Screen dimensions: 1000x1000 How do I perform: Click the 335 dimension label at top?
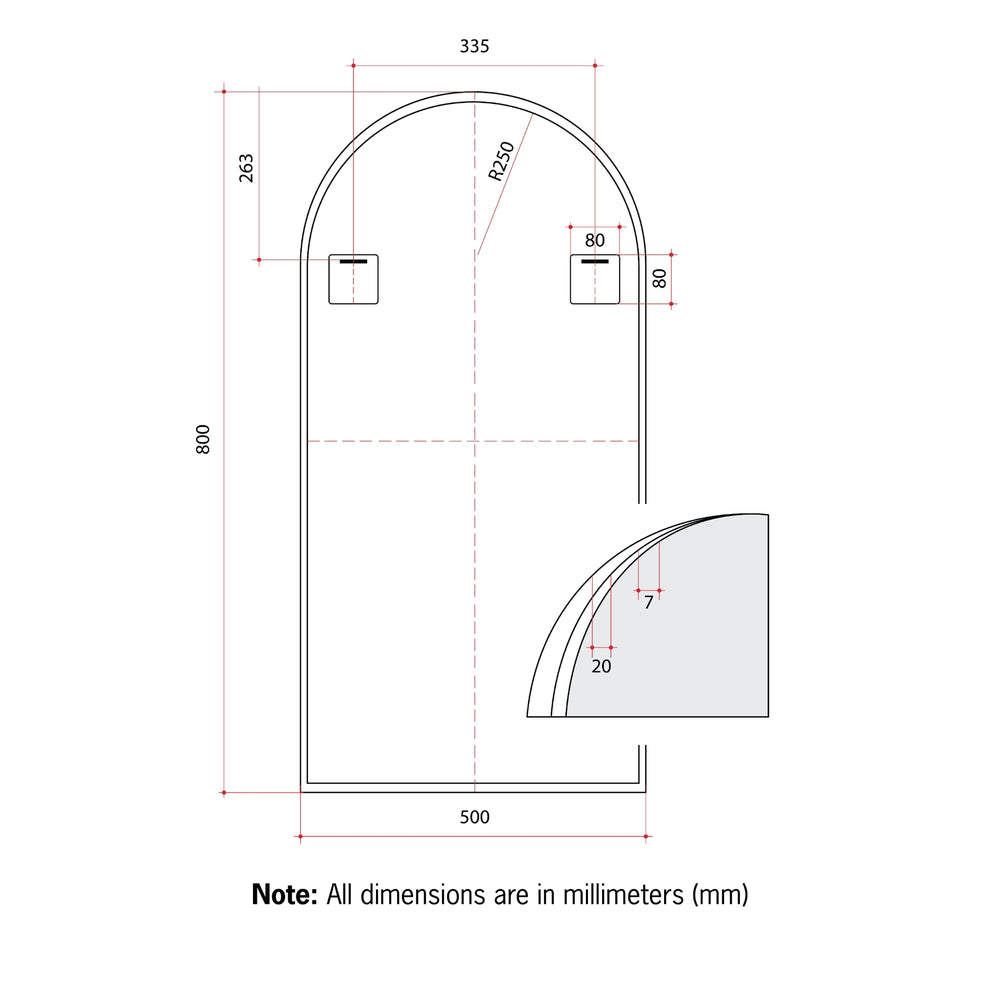point(474,46)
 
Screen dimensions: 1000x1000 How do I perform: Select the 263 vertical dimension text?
point(246,167)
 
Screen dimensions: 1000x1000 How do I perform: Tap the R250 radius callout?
point(501,161)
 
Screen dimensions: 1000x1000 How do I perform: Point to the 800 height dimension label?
point(203,441)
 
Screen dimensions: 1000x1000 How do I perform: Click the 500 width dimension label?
point(474,817)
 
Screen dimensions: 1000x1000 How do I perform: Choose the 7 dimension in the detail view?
point(648,603)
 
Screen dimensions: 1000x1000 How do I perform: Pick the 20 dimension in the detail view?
point(601,666)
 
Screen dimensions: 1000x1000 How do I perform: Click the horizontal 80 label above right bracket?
point(595,240)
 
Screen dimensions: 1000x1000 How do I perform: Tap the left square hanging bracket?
point(354,279)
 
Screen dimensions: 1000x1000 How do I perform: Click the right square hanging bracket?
point(595,279)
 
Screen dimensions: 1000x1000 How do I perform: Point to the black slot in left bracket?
point(353,262)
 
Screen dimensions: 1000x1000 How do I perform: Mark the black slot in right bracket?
point(595,262)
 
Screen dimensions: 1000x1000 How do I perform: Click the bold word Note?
point(285,893)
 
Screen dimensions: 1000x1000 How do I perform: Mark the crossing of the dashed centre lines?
point(475,441)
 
